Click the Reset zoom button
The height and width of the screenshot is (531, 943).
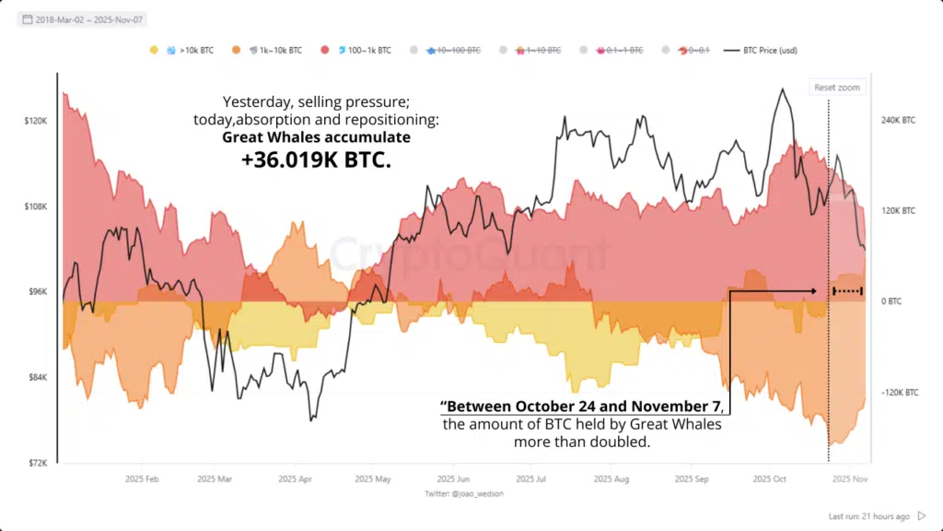(x=836, y=88)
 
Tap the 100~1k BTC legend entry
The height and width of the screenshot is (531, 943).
(x=360, y=50)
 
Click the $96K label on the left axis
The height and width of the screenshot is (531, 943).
(x=37, y=291)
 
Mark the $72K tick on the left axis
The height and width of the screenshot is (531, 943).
(x=37, y=463)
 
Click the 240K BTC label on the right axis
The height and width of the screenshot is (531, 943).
(x=899, y=121)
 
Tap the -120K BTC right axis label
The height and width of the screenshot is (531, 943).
(x=899, y=393)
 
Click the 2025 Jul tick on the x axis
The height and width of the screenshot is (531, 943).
(x=531, y=479)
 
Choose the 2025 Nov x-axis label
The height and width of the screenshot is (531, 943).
(x=846, y=479)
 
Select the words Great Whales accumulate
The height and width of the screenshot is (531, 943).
(x=316, y=136)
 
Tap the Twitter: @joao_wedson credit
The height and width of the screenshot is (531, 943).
(x=465, y=494)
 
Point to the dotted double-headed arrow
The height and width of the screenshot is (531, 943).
(x=847, y=291)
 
